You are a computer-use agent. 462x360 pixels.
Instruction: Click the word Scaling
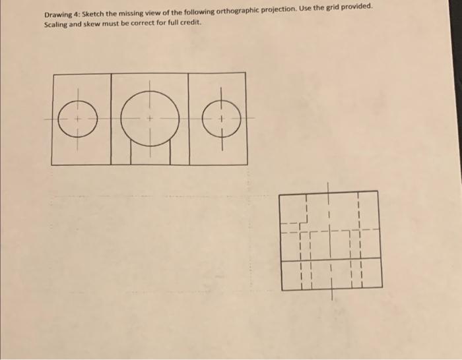(58, 26)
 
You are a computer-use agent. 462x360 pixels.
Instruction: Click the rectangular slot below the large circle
(150, 153)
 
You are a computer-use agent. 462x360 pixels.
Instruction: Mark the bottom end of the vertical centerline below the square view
(330, 299)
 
